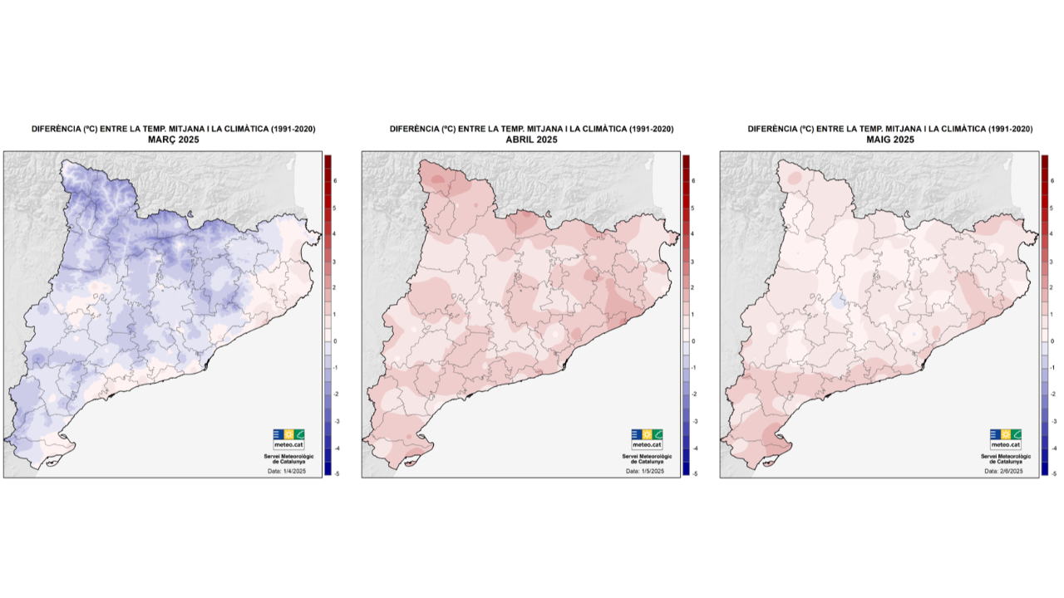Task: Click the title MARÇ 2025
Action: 173,140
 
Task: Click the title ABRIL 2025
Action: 532,140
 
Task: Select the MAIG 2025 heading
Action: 890,140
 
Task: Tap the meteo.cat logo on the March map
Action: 288,439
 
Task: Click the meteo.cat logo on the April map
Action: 647,439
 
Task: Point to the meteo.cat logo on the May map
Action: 1006,439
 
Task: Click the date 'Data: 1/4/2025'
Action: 286,471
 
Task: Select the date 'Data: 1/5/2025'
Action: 645,471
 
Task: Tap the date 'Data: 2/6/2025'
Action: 1003,471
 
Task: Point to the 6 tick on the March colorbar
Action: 335,180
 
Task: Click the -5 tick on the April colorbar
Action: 693,473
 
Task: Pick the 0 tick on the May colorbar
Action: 1052,341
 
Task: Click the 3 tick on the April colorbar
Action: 693,261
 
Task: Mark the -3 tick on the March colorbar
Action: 335,421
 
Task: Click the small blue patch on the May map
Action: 839,301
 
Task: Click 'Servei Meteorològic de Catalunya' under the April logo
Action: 647,457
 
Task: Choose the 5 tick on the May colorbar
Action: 1052,208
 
